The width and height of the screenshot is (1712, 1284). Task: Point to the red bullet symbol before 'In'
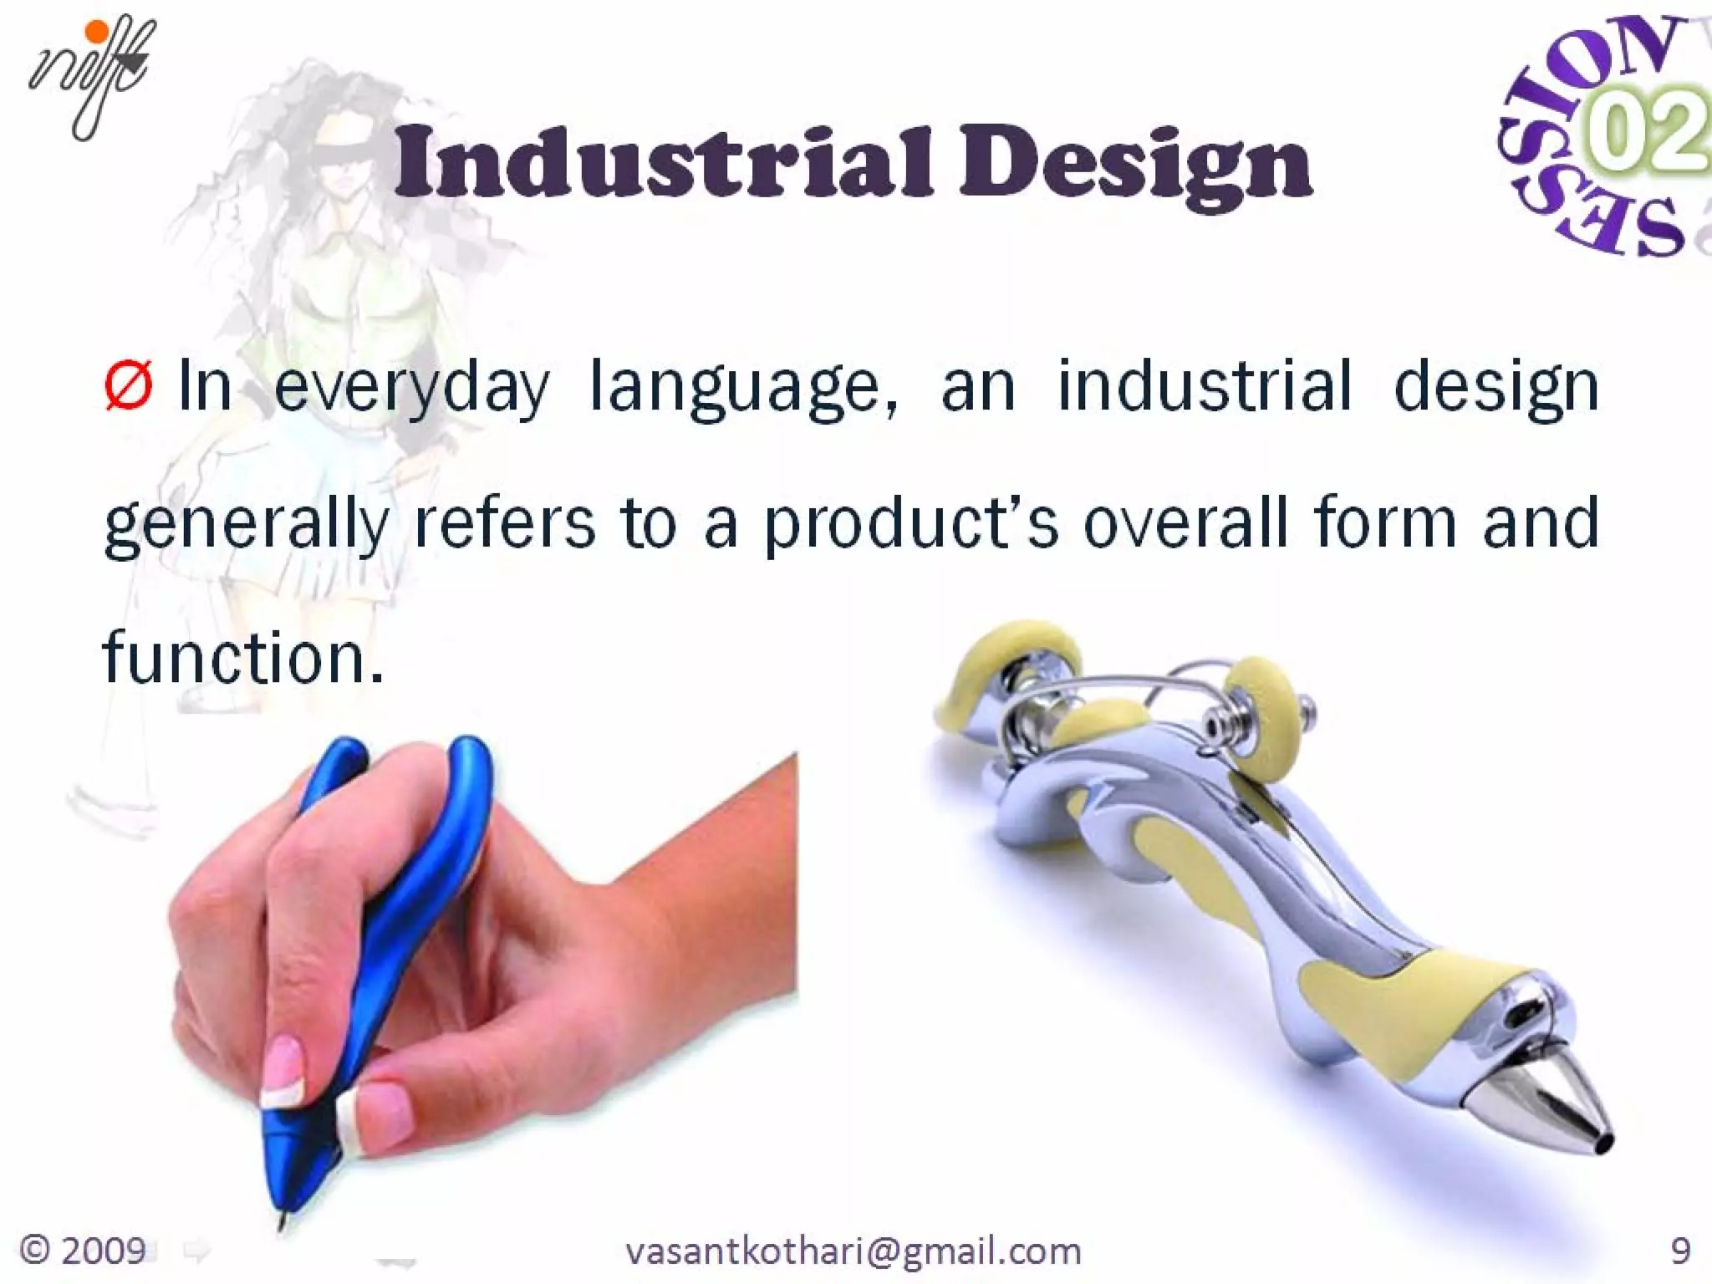(x=128, y=386)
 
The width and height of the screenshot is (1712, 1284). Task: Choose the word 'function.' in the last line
(x=243, y=659)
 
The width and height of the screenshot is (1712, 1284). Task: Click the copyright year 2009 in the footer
(x=84, y=1251)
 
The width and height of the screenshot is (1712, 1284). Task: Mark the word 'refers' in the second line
(x=505, y=523)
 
